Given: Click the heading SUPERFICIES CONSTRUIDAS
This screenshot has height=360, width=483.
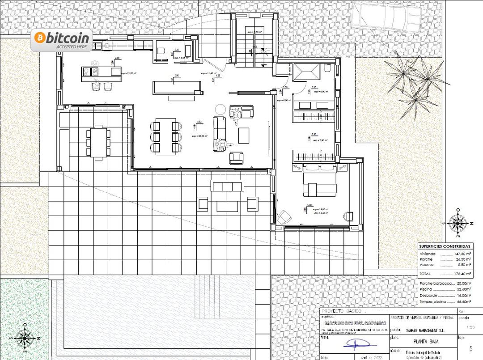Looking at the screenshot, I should (445, 246).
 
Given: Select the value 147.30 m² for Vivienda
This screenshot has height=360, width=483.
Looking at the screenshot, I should (462, 254).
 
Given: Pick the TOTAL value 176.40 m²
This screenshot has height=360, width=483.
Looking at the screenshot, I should (462, 273).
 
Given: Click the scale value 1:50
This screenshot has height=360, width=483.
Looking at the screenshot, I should (470, 327).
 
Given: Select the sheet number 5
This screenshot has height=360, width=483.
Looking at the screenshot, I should (470, 348).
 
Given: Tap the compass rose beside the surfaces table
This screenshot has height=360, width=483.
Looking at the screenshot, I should (457, 222).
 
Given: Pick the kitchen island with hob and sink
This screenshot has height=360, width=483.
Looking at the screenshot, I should (101, 73).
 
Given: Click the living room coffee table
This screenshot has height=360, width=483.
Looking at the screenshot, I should (244, 136).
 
